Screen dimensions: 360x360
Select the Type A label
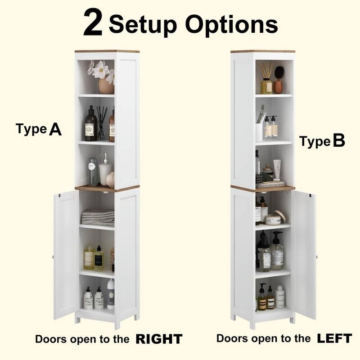point(39,129)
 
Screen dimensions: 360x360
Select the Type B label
point(322,142)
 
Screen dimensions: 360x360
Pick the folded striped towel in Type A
point(98,216)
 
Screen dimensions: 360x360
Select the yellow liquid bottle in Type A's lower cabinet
point(89,257)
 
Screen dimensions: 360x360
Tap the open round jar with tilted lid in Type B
point(274,219)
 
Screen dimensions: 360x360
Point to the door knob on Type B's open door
point(316,256)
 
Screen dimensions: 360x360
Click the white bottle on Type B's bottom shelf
point(280,297)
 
